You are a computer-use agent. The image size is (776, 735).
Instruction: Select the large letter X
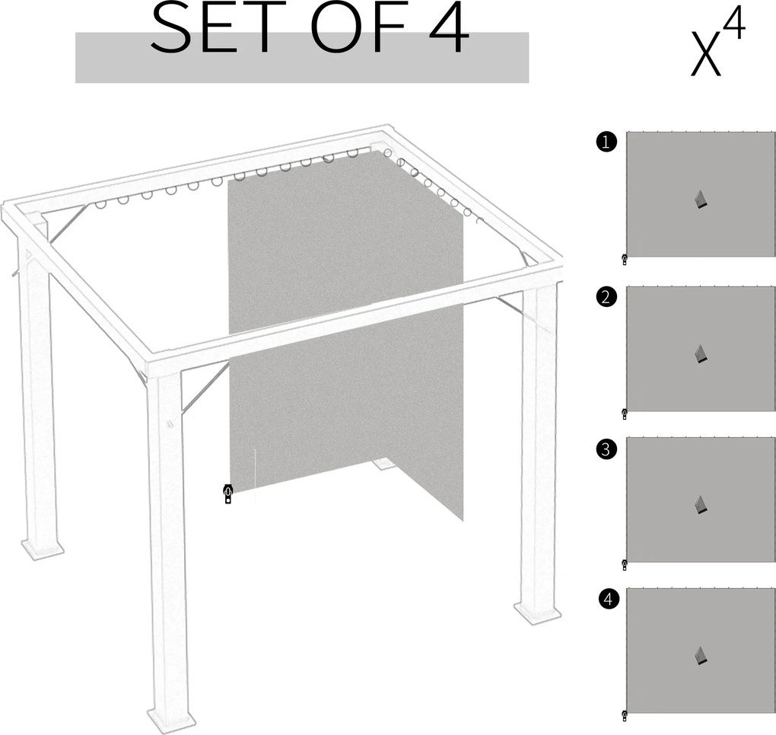click(704, 55)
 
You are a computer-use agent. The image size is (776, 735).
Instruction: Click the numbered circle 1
click(606, 142)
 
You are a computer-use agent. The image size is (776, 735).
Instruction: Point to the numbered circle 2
click(606, 298)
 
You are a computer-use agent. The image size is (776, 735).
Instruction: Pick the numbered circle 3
click(606, 449)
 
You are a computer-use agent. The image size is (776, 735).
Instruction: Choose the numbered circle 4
click(608, 600)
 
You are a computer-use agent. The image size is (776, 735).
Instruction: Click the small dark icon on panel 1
click(701, 200)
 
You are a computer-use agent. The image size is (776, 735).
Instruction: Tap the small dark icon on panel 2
click(701, 353)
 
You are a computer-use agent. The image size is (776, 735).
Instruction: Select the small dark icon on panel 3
click(701, 504)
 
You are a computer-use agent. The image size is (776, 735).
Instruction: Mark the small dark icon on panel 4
click(701, 656)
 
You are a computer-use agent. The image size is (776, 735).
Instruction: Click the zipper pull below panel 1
click(625, 260)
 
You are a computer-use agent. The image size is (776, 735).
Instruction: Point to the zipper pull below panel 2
click(625, 414)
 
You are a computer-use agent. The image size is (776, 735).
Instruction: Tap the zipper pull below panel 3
click(625, 564)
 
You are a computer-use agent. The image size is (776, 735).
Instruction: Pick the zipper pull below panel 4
click(625, 715)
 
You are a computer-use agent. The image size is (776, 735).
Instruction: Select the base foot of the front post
click(171, 718)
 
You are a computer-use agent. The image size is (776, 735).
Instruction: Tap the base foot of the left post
click(43, 548)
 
